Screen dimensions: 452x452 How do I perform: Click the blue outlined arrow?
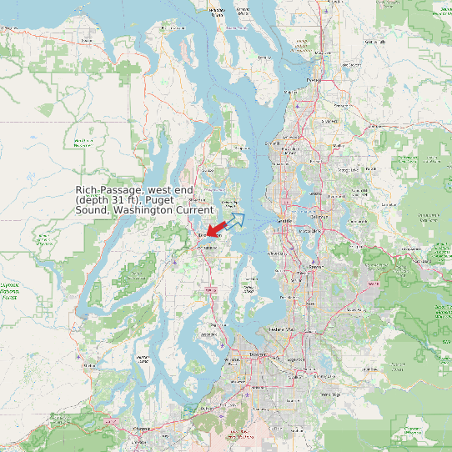coord(235,220)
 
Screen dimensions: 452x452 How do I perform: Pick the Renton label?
coord(314,267)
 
